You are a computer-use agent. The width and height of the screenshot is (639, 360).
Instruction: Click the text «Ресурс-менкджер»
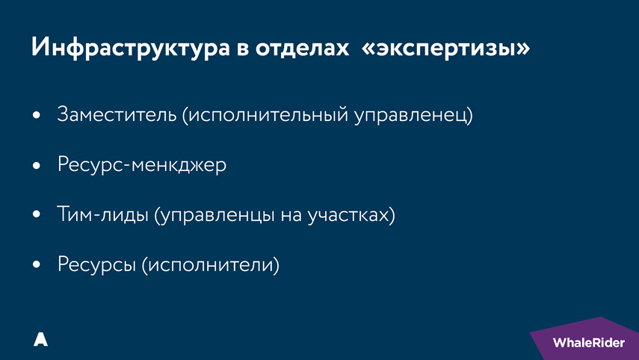[x=141, y=165]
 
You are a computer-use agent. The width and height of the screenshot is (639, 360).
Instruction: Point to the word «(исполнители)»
[x=209, y=264]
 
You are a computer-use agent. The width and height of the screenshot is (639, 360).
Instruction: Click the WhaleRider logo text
[x=588, y=343]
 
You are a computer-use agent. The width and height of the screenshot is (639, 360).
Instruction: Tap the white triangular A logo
[x=40, y=339]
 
